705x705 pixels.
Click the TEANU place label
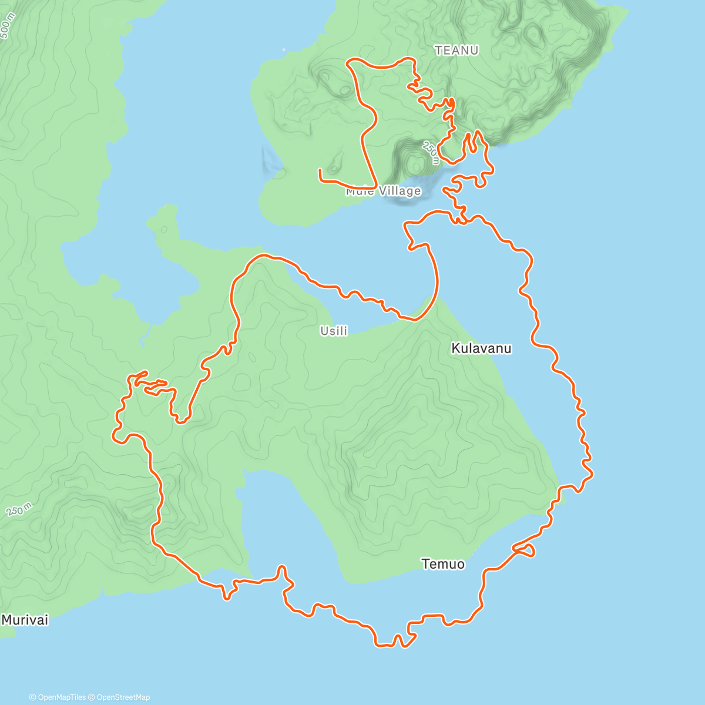click(456, 51)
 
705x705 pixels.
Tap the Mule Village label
click(383, 191)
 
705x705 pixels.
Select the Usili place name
click(334, 331)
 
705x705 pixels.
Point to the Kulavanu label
click(481, 348)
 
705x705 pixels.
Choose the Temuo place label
click(443, 564)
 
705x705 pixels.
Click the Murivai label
click(25, 619)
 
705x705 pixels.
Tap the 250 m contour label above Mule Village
click(431, 152)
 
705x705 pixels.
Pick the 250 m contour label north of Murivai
click(19, 509)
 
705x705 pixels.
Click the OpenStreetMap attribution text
click(120, 697)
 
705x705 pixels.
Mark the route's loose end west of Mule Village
click(320, 170)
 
